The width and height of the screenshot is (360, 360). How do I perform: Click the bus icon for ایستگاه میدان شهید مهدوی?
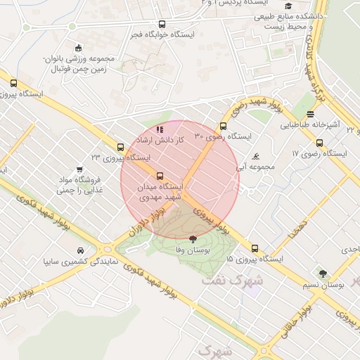(x=160, y=176)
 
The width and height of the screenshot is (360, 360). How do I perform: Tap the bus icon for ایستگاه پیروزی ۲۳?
(x=121, y=148)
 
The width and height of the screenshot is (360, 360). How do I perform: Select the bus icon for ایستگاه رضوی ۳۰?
(x=224, y=127)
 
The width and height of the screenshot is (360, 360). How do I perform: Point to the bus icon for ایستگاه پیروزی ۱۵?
(x=255, y=248)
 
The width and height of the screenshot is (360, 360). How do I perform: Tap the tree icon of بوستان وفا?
(x=193, y=239)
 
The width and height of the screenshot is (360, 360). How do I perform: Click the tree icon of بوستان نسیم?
(x=323, y=274)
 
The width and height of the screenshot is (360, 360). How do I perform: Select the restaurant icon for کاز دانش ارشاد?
(x=160, y=129)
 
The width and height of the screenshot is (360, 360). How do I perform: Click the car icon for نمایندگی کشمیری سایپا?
(x=82, y=250)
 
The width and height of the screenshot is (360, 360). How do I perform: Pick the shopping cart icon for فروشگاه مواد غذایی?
(x=79, y=169)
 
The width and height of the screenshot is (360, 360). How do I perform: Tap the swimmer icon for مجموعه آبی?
(x=255, y=156)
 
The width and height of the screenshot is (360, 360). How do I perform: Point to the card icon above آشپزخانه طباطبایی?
(x=310, y=113)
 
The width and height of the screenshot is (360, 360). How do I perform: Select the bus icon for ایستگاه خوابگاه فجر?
(x=162, y=24)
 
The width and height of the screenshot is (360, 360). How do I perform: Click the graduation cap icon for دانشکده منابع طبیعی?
(x=288, y=6)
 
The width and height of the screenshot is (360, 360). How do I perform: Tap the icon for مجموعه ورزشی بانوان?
(x=78, y=49)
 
